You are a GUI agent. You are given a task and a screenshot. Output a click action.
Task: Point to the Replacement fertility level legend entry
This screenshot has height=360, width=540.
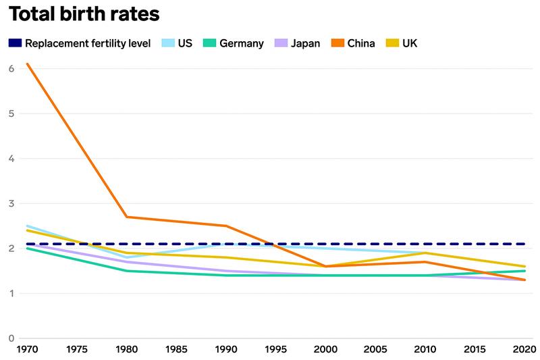pyautogui.click(x=80, y=43)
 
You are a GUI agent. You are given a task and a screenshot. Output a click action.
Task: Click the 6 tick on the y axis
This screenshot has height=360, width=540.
pyautogui.click(x=11, y=68)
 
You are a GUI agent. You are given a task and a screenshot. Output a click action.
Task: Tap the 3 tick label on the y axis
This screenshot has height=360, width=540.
pyautogui.click(x=11, y=203)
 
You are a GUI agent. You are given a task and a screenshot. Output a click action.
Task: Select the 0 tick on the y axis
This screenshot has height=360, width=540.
pyautogui.click(x=11, y=338)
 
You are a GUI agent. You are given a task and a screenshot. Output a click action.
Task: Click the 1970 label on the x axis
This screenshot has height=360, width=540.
pyautogui.click(x=26, y=349)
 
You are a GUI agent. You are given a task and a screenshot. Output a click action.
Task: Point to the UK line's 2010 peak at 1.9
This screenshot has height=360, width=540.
pyautogui.click(x=424, y=253)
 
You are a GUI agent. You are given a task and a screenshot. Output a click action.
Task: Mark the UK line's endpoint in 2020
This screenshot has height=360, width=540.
pyautogui.click(x=524, y=266)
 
